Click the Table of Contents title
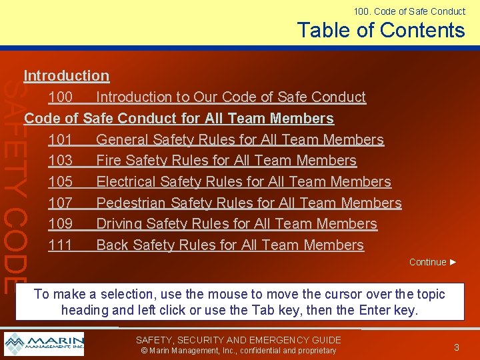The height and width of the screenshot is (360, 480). [x=381, y=31]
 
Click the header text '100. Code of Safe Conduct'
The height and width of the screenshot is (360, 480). [x=409, y=11]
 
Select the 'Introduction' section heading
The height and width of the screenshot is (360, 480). [x=67, y=76]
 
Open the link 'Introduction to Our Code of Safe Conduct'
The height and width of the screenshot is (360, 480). [x=231, y=97]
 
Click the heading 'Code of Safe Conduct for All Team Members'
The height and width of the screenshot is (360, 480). [x=179, y=119]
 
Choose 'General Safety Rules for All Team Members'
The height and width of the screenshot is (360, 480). [x=240, y=139]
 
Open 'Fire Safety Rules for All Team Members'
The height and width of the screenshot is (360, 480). [x=226, y=161]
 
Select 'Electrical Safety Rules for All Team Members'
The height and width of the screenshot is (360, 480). [x=243, y=182]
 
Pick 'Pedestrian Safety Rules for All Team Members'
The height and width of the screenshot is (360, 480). [x=249, y=203]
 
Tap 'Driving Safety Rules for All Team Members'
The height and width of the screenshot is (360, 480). [x=237, y=224]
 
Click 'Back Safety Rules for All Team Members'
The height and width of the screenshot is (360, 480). [x=230, y=245]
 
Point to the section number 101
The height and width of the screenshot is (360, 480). [x=60, y=139]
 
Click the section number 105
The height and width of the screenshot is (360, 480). [x=60, y=182]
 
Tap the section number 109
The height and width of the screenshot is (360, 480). [x=60, y=224]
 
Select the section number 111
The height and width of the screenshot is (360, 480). [x=60, y=245]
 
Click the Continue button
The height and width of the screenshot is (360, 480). [x=433, y=262]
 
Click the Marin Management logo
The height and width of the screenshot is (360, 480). [x=44, y=344]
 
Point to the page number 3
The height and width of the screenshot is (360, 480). [x=457, y=347]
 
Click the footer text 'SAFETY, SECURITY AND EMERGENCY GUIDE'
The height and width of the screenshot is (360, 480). [x=239, y=340]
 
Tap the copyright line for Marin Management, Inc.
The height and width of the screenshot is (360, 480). [x=239, y=351]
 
